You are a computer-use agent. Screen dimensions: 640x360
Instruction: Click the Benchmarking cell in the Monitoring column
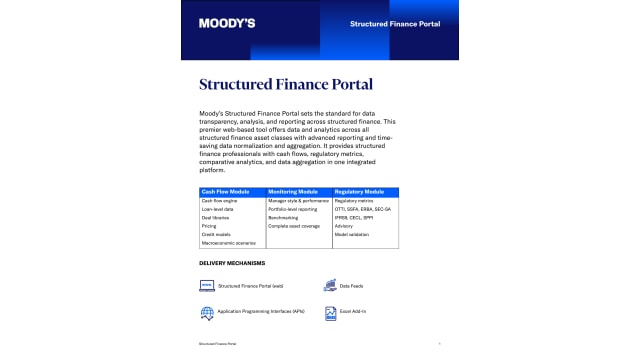(283, 218)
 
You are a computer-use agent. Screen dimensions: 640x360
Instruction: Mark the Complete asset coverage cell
(293, 226)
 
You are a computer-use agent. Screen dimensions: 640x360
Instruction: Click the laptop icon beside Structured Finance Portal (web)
(207, 286)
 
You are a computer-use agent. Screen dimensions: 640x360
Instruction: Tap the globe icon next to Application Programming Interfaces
(207, 313)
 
